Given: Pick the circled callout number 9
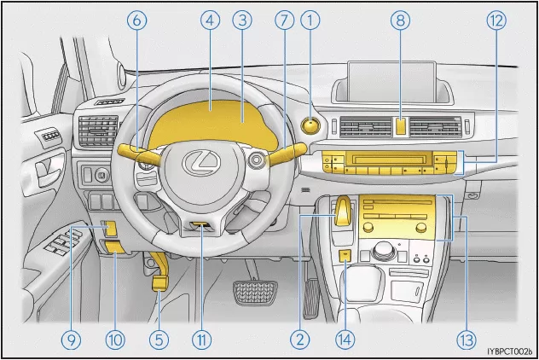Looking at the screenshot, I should pyautogui.click(x=71, y=340).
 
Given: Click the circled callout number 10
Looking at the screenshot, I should pyautogui.click(x=114, y=340).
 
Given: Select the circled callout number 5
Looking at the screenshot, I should pyautogui.click(x=158, y=340).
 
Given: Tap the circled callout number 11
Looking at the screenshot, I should pyautogui.click(x=201, y=340).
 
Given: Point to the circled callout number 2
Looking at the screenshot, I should pyautogui.click(x=299, y=340).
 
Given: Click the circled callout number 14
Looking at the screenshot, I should pyautogui.click(x=344, y=340).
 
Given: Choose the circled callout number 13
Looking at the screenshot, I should pyautogui.click(x=466, y=340).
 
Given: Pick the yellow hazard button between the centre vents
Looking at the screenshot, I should pyautogui.click(x=401, y=126).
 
